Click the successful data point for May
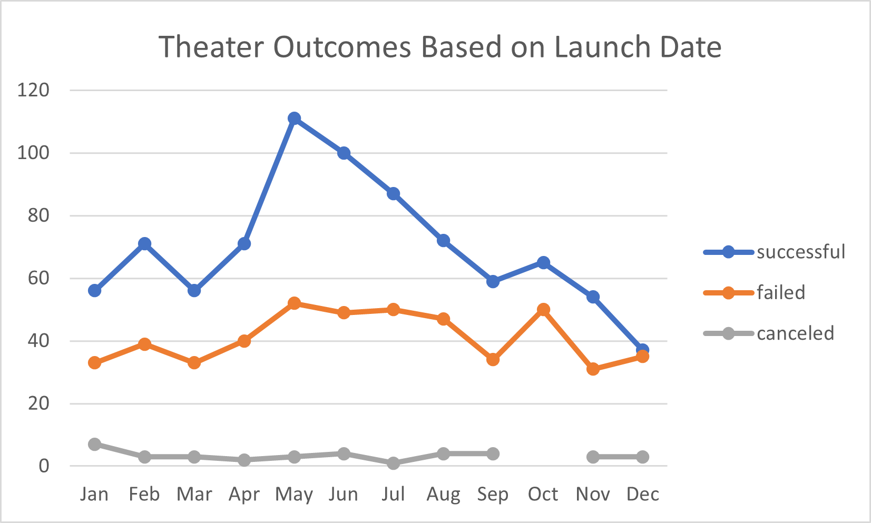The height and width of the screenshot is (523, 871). (294, 119)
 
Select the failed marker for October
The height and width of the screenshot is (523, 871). (543, 310)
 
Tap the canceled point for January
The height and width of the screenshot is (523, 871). (95, 444)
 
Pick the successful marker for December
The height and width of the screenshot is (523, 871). (642, 350)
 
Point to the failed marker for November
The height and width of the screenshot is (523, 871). (593, 369)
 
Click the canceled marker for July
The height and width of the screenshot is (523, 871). (393, 463)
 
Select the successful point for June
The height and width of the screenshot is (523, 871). (344, 153)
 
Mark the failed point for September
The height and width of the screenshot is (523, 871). (493, 359)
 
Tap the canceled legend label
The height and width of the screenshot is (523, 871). (795, 333)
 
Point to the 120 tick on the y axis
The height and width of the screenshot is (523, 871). (33, 90)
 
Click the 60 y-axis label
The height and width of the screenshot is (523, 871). (38, 278)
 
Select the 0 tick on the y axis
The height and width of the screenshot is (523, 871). (44, 466)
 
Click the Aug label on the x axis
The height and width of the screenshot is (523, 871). (443, 494)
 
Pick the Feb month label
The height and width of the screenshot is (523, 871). (144, 494)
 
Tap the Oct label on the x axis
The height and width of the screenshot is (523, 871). (543, 494)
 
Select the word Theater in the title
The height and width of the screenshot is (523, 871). (211, 47)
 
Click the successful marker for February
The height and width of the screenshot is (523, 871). (144, 244)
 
